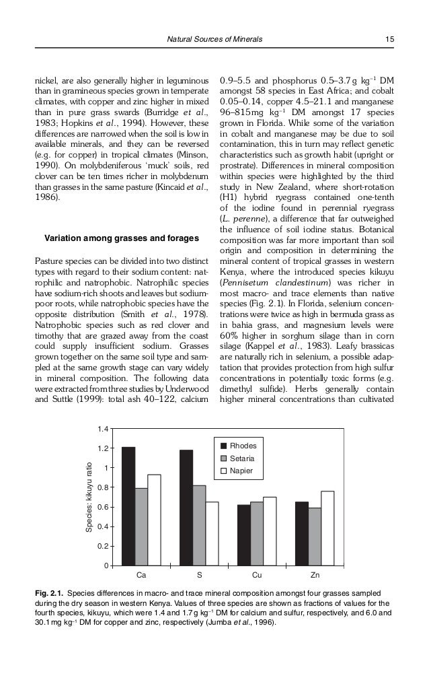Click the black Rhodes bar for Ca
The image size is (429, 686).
pyautogui.click(x=128, y=506)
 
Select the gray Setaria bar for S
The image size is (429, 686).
pyautogui.click(x=199, y=524)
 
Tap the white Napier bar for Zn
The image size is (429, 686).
pyautogui.click(x=327, y=528)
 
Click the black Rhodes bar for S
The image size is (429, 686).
pyautogui.click(x=186, y=507)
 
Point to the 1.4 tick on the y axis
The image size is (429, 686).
pyautogui.click(x=103, y=428)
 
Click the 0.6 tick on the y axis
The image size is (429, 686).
pyautogui.click(x=103, y=506)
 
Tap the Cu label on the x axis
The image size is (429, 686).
pyautogui.click(x=257, y=576)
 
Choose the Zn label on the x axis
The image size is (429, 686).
pyautogui.click(x=315, y=576)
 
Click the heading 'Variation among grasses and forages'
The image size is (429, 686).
pyautogui.click(x=121, y=238)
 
